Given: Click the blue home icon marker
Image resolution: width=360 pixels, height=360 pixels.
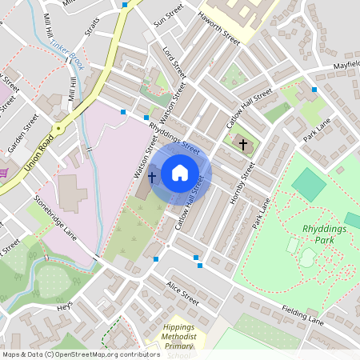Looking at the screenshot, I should pos(180,173).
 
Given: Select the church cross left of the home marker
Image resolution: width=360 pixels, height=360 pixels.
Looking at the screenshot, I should pos(152,174).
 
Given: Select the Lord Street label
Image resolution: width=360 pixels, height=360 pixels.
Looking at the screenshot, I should pos(174,62).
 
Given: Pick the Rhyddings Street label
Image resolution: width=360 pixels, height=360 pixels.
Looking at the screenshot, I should pos(173,136).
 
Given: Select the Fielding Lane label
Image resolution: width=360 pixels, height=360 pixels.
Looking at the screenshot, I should pos(303,314).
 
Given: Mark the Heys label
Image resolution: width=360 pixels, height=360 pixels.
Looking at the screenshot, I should pos(65,306).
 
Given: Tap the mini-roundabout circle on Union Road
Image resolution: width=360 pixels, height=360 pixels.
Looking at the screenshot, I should pos(58,127).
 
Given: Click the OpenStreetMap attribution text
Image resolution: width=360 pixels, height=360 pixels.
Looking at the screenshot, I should pos(81,354).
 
